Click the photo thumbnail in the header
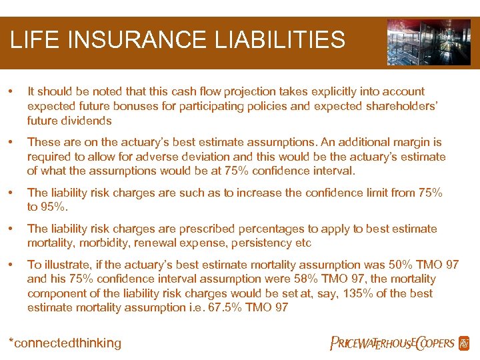pos(429,42)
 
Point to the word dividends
pos(89,121)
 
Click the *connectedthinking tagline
pos(65,343)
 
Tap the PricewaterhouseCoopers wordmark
pos(393,343)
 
